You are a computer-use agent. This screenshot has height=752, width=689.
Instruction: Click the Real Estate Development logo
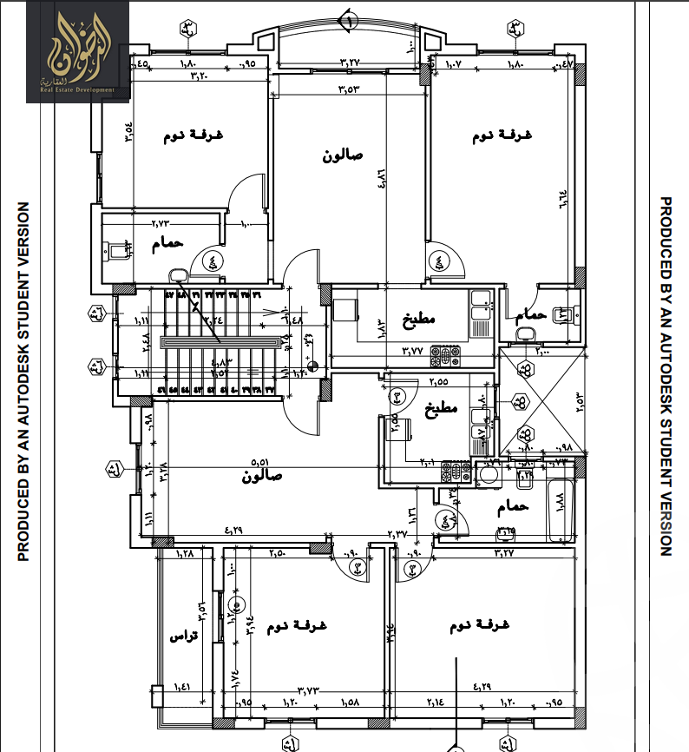(x=77, y=51)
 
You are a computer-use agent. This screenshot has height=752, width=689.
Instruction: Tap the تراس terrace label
(x=183, y=637)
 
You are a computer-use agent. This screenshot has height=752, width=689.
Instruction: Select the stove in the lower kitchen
(x=454, y=472)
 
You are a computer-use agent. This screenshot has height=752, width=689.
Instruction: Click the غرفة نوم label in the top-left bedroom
(x=186, y=137)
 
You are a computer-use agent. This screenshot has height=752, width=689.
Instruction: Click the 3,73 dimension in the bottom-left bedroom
(x=309, y=690)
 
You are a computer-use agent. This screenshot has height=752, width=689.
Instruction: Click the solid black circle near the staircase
(x=313, y=366)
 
